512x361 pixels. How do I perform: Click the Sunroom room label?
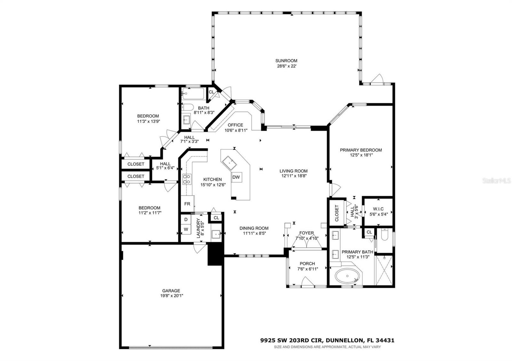(286, 61)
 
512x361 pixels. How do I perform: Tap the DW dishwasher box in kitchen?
(236, 177)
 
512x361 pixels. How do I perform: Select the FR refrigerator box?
(187, 204)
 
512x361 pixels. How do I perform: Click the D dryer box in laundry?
(186, 220)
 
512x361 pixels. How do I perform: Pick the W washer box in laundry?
(186, 229)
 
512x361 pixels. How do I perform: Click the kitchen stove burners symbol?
(187, 179)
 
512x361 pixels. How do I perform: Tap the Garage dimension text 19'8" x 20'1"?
(171, 296)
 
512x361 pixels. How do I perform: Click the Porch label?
(307, 264)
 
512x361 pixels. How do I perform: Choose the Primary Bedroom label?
(361, 150)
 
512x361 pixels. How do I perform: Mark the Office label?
(236, 125)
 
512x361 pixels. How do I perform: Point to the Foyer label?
(307, 233)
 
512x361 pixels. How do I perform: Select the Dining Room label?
(254, 228)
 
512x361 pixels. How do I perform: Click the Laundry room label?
(198, 228)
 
